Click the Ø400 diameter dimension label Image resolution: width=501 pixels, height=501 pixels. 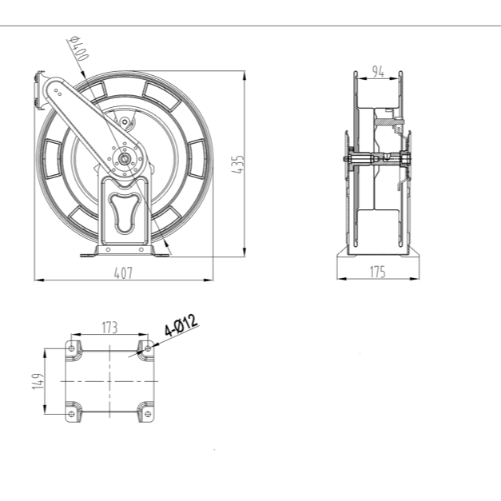pyautogui.click(x=78, y=51)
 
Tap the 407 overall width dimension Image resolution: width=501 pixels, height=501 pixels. pyautogui.click(x=122, y=272)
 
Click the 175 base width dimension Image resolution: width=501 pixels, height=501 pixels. pyautogui.click(x=377, y=272)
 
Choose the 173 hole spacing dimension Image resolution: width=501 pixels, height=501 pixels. pyautogui.click(x=109, y=327)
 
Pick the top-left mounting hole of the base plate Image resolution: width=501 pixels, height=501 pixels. pyautogui.click(x=72, y=348)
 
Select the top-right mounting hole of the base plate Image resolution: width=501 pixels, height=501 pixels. pyautogui.click(x=146, y=348)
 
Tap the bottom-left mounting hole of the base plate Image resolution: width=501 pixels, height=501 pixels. pyautogui.click(x=72, y=413)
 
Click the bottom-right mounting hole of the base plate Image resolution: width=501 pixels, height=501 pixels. pyautogui.click(x=146, y=413)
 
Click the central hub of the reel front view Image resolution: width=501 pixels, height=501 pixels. pyautogui.click(x=125, y=159)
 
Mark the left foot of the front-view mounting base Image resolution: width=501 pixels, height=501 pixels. pyautogui.click(x=86, y=253)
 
